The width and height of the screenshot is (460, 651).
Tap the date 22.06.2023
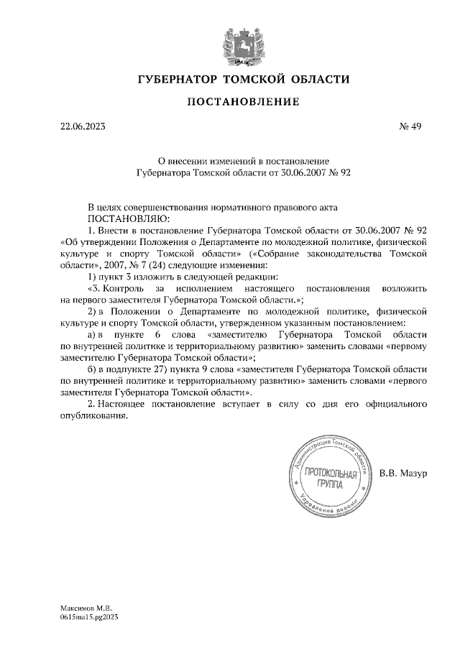(83, 127)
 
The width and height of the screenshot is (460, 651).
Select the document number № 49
(409, 127)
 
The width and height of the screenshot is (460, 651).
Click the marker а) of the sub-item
(92, 334)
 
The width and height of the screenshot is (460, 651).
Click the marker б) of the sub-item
(92, 369)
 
